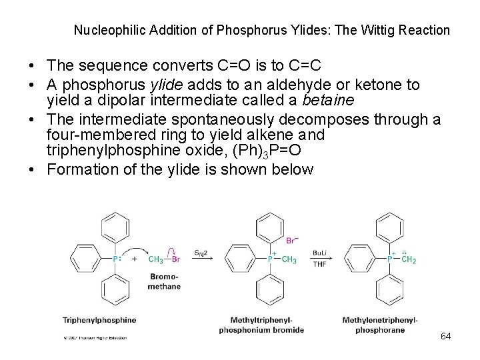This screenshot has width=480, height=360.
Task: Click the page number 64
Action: pos(446,335)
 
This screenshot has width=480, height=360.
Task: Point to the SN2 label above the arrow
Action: pos(200,253)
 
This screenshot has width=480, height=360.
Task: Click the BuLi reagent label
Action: pos(320,253)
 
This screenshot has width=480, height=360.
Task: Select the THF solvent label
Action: pos(319,265)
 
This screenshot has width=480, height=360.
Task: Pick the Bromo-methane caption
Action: pos(164,281)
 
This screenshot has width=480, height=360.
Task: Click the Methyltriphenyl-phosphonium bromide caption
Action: pos(261,325)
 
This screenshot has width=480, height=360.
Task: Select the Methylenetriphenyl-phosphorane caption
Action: pos(380,325)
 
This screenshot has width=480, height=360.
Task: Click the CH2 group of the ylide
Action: pos(409,259)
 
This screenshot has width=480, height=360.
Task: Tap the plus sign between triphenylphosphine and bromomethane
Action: pos(135,259)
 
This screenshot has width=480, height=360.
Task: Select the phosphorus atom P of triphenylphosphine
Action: pos(115,259)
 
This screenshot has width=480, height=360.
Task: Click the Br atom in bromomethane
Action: pos(175,259)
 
